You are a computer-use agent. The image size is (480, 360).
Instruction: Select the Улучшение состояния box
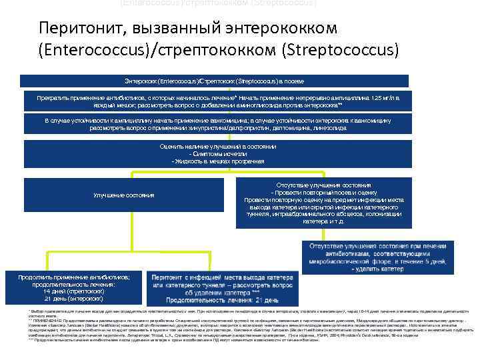[x=124, y=195]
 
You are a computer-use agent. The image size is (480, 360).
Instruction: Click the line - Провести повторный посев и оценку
[x=324, y=192]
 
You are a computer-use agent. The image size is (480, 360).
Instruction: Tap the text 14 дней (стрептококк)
[x=74, y=291]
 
